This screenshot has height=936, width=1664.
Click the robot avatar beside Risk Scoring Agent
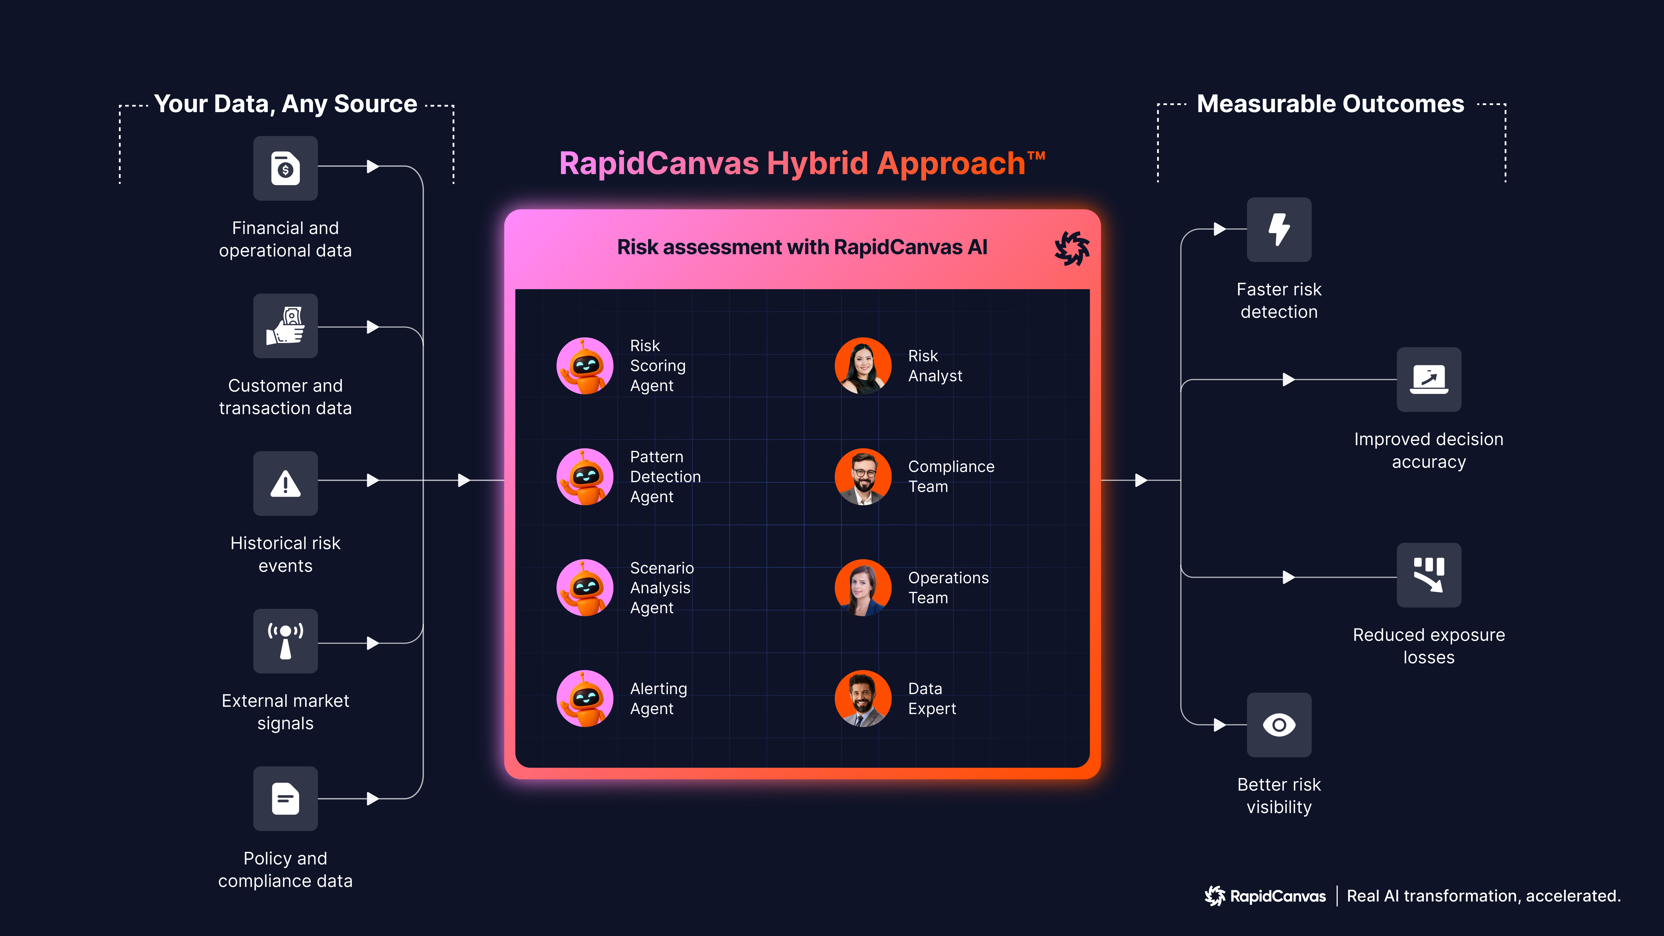(585, 366)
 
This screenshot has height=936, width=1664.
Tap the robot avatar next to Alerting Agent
(585, 698)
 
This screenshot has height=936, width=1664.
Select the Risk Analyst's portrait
(863, 366)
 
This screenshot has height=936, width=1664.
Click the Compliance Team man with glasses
(863, 477)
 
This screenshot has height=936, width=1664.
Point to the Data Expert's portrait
(863, 698)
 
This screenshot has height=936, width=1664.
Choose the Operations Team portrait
(863, 587)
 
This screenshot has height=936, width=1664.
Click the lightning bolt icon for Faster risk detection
(1279, 229)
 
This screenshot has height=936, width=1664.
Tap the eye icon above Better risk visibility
(1279, 725)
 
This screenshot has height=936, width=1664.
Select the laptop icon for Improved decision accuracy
(1429, 379)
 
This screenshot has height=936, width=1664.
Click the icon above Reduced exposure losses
(1429, 575)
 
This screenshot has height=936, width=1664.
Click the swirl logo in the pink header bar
(1072, 248)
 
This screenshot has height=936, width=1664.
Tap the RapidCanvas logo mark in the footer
(1215, 896)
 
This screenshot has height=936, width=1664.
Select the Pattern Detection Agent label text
(665, 477)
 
